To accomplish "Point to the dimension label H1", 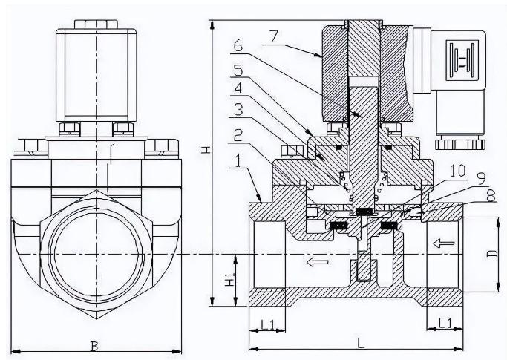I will coord(229,281).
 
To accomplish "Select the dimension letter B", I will coord(94,345).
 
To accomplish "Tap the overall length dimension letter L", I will coord(359,344).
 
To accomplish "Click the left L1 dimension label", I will coord(269,324).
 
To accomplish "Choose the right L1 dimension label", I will coord(445,324).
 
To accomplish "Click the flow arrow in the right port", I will coord(444,242).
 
